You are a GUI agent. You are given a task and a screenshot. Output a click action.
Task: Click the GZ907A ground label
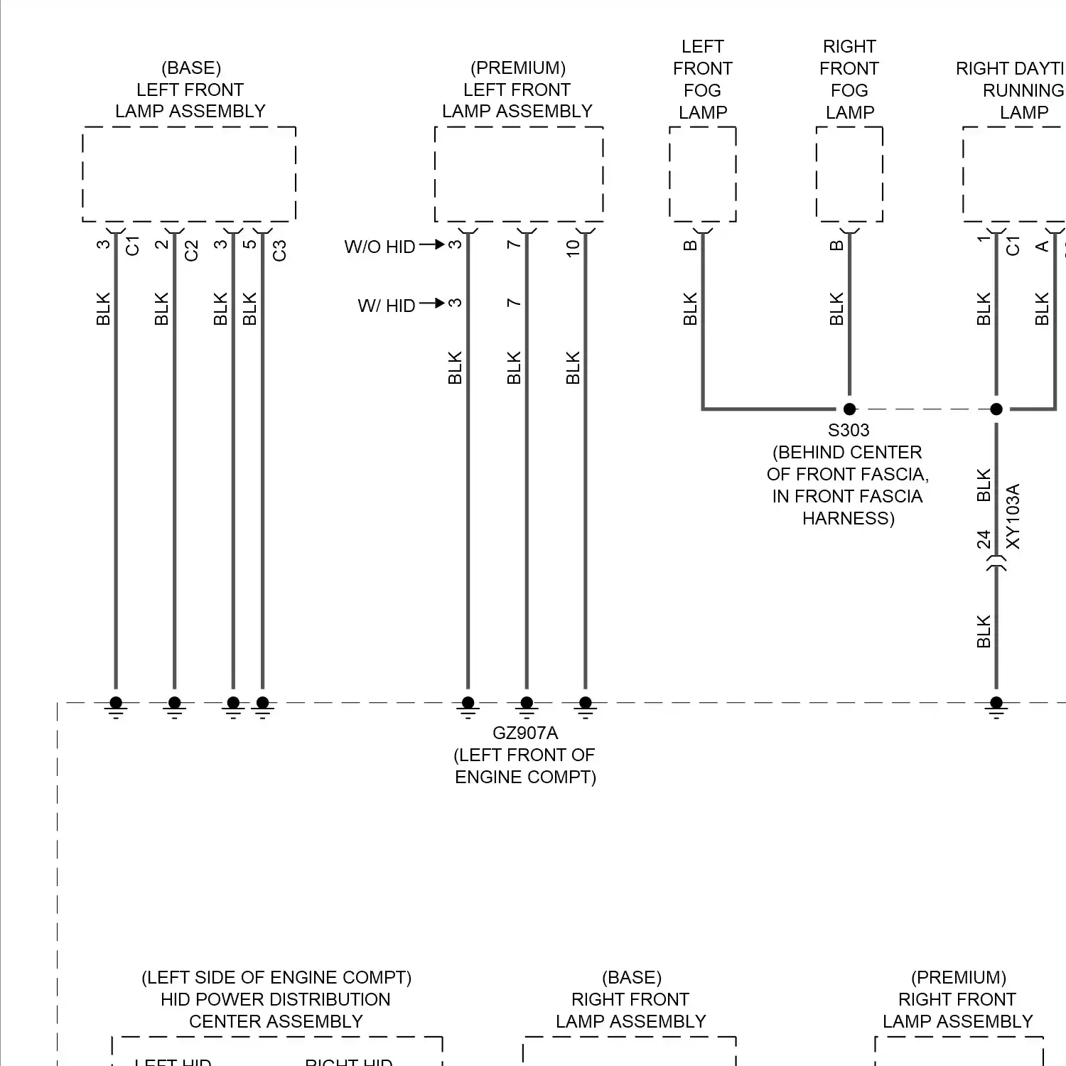(525, 733)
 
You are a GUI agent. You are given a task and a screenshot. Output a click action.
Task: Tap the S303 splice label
(849, 430)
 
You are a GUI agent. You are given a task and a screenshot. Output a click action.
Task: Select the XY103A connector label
(1013, 517)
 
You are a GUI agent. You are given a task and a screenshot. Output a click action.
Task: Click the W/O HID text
(379, 247)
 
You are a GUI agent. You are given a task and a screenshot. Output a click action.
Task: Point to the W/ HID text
(386, 306)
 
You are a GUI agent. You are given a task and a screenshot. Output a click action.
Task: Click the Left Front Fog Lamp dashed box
(703, 174)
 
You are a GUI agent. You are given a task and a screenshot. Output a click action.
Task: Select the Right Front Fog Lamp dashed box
(849, 174)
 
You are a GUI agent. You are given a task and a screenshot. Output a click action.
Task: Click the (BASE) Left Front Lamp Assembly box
(189, 174)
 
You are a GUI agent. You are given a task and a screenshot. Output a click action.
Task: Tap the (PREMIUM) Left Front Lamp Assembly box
(519, 174)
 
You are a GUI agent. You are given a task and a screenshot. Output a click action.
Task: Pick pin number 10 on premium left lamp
(574, 248)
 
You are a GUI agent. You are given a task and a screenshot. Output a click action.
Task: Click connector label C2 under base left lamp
(191, 251)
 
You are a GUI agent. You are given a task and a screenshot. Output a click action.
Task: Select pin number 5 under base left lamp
(249, 244)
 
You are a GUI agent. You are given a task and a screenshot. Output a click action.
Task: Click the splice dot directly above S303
(849, 409)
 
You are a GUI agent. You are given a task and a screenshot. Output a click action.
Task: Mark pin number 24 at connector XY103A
(984, 539)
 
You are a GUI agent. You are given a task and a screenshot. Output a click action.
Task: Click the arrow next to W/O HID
(431, 244)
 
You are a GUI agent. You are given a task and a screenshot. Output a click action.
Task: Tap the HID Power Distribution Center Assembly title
(276, 999)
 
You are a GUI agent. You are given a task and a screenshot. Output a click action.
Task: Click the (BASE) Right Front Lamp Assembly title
(631, 999)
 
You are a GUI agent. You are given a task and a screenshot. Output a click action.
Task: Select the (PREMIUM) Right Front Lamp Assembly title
(957, 999)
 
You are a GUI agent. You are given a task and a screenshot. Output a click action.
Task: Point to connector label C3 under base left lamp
(279, 251)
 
